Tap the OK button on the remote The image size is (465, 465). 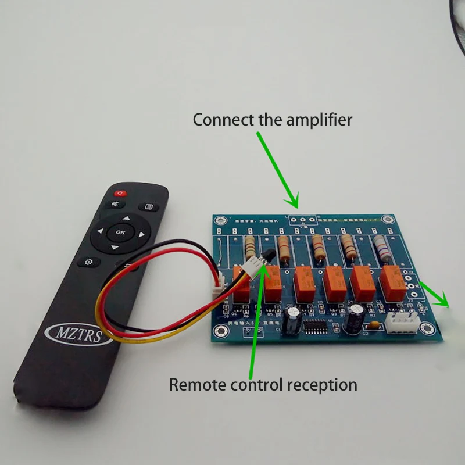pos(120,232)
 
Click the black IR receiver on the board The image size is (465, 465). pos(269,253)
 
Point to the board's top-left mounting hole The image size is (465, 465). pos(219,221)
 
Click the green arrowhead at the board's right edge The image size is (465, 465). pos(445,302)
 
